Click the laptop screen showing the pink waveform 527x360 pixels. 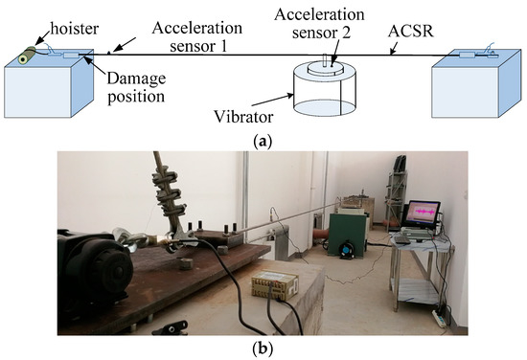coord(423,214)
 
